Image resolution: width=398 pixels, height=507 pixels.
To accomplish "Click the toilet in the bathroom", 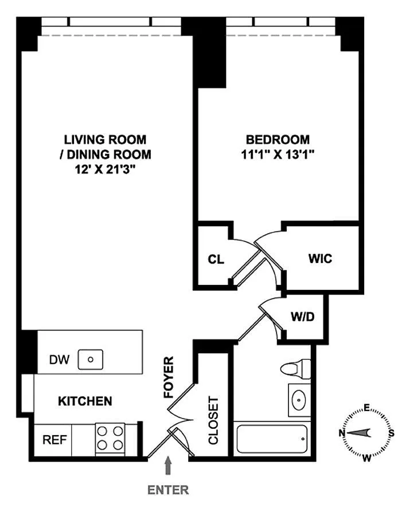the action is click(295, 369).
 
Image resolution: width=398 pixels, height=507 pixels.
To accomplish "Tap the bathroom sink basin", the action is click(299, 400).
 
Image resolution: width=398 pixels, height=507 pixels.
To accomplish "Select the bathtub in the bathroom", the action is click(272, 439).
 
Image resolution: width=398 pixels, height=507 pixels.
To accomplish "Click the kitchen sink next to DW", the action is click(91, 359).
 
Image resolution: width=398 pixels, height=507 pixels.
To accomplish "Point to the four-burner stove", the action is click(110, 439).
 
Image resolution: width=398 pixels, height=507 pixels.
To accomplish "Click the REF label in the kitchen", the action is click(54, 440).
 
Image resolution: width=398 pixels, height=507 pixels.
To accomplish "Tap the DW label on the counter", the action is click(59, 359).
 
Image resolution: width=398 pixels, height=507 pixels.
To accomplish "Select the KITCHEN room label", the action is click(85, 401).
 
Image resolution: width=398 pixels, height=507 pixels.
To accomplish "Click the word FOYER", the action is click(169, 377).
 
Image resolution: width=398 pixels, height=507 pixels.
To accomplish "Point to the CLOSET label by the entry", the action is click(213, 421).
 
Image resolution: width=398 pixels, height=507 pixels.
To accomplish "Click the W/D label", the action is click(302, 316).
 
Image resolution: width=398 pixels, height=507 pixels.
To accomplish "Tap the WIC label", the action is click(320, 259).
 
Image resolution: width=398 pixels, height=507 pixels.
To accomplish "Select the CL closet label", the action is click(216, 260).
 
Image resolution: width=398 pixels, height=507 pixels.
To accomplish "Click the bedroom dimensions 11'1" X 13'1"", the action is click(278, 154).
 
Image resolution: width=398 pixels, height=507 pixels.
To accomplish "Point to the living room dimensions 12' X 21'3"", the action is click(105, 169).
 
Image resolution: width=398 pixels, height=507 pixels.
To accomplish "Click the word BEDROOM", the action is click(278, 140).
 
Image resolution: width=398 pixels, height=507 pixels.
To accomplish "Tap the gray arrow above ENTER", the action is click(168, 466).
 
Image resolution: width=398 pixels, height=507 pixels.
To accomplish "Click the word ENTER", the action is click(168, 490).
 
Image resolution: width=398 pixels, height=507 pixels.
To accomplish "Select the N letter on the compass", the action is click(341, 433).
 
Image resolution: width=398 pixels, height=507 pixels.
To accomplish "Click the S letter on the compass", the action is click(392, 433).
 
